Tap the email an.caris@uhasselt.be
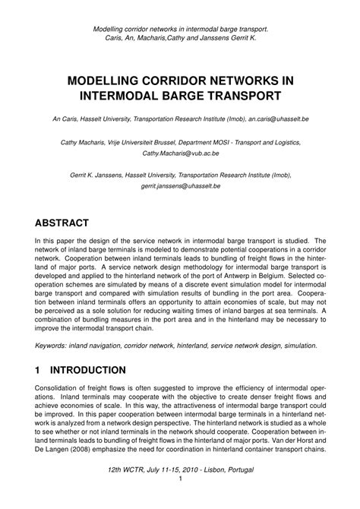(x=283, y=120)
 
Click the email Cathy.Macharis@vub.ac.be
(x=179, y=152)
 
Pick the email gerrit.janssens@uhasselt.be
(x=179, y=185)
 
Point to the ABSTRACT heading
(x=62, y=223)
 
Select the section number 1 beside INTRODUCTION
(x=39, y=370)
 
